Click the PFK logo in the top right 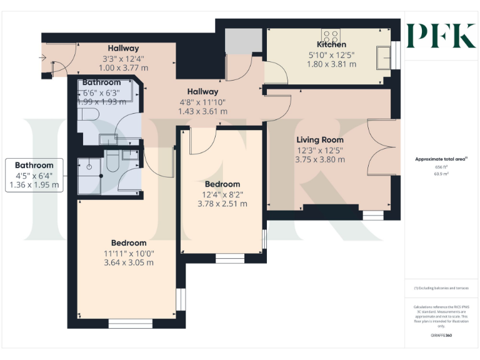(441, 36)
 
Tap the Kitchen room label (331, 44)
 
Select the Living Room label (319, 139)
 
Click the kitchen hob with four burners (331, 36)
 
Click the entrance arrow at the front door (42, 58)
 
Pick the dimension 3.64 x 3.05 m (129, 262)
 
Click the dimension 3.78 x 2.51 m (222, 204)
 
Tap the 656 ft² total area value (442, 167)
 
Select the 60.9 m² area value (442, 174)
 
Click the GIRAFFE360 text (441, 336)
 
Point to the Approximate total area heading (441, 159)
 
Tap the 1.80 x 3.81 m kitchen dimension (331, 64)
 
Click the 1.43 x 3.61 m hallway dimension (198, 111)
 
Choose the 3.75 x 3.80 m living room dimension (319, 159)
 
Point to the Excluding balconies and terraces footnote (441, 288)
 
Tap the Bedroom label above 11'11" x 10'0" (129, 243)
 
